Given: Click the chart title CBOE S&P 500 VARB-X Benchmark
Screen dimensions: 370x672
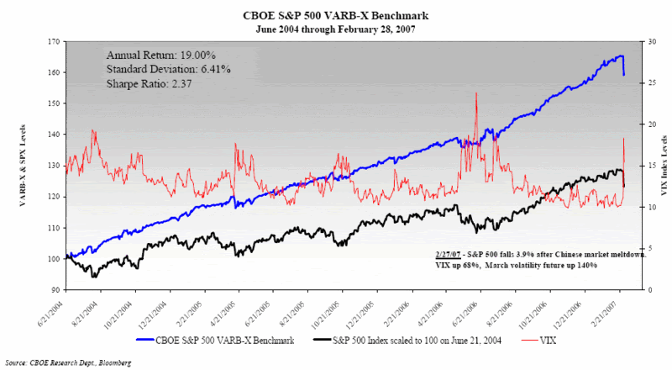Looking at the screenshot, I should pyautogui.click(x=335, y=15).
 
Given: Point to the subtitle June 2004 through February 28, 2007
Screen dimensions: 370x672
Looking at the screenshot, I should pyautogui.click(x=335, y=28).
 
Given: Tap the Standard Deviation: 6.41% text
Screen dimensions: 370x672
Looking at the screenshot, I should pyautogui.click(x=168, y=68).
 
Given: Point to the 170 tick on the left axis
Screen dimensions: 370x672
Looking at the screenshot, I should pyautogui.click(x=54, y=41).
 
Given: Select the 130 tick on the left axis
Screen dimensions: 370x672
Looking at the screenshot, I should pyautogui.click(x=54, y=166).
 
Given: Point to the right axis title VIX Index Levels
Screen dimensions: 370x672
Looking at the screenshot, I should pyautogui.click(x=662, y=166).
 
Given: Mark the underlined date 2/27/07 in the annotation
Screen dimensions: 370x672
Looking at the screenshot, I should pyautogui.click(x=451, y=254).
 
